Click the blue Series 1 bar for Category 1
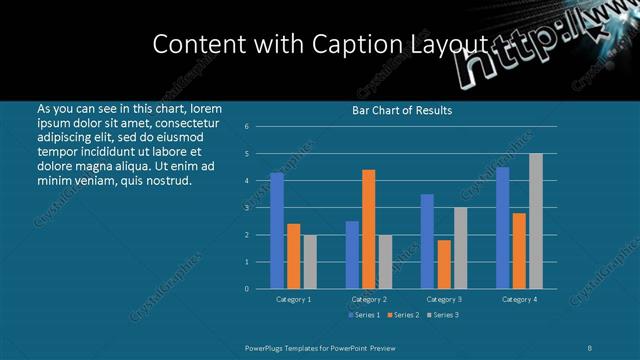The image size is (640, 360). tap(277, 231)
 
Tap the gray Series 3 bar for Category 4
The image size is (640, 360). tap(536, 221)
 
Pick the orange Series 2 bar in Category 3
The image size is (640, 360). tap(444, 264)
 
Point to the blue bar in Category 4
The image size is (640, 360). tap(502, 228)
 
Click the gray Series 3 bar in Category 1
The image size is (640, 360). tap(310, 262)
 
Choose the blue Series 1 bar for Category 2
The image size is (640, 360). tap(352, 255)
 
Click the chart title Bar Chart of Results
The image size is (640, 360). tap(402, 110)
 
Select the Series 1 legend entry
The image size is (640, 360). tap(364, 316)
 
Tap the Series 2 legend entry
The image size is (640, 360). tap(403, 316)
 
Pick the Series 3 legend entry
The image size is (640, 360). tap(442, 316)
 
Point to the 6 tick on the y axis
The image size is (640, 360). tap(246, 127)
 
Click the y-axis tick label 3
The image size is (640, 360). tap(246, 208)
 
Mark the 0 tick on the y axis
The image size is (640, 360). tap(246, 289)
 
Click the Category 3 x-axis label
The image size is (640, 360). tap(444, 299)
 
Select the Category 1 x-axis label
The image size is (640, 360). tap(293, 299)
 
